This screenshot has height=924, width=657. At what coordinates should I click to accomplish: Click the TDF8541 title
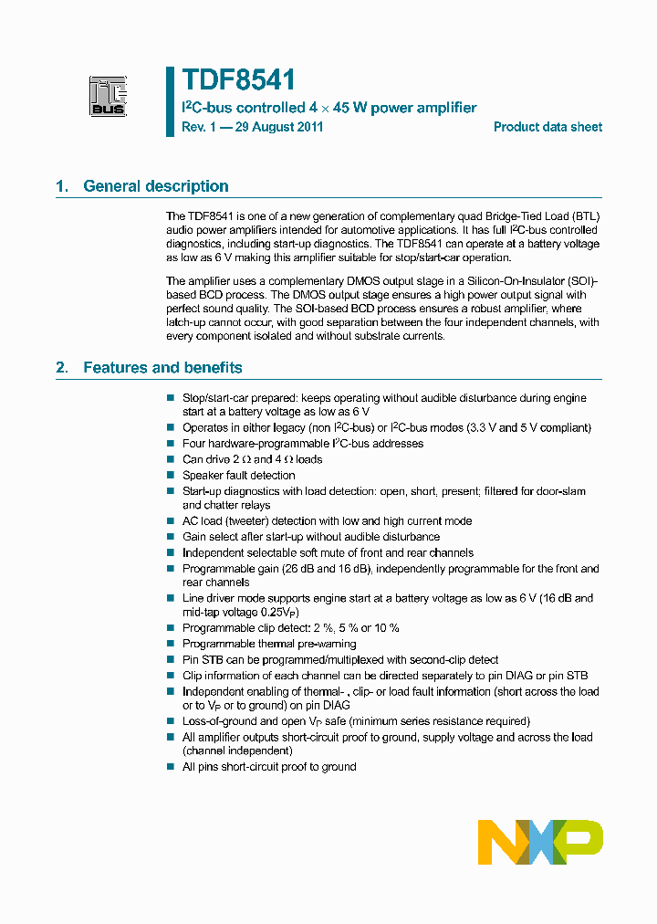(x=238, y=82)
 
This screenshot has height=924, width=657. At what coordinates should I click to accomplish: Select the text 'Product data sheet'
(x=547, y=127)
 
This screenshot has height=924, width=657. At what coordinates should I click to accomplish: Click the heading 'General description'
(x=156, y=186)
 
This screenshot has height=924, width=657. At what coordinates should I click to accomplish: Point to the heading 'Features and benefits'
(x=162, y=368)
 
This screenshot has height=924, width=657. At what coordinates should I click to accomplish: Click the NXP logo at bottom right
(x=540, y=841)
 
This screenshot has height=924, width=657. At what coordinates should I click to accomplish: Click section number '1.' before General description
(x=62, y=186)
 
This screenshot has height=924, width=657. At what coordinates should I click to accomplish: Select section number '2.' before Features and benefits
(x=62, y=368)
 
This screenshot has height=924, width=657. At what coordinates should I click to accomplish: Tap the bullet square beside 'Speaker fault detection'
(x=170, y=475)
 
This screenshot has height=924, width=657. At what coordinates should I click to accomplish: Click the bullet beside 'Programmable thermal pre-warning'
(x=170, y=644)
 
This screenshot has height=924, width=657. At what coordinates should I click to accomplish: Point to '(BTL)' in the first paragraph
(x=582, y=215)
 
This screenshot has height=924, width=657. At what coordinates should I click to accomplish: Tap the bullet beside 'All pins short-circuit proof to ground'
(x=170, y=767)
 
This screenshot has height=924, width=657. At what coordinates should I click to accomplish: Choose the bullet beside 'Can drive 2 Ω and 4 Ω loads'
(x=170, y=459)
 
